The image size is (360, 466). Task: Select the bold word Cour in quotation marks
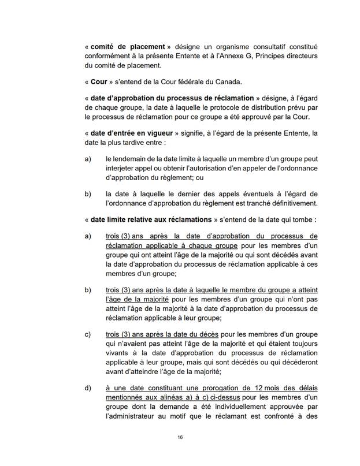[x=99, y=83]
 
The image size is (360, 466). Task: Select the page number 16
[x=180, y=438]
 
